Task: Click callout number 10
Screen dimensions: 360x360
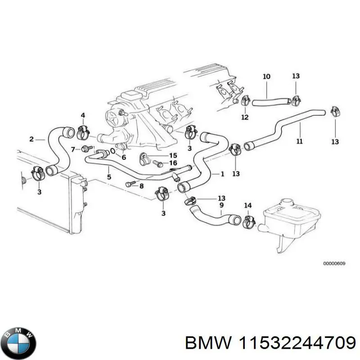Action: [x=266, y=76]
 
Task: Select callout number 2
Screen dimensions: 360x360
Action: [x=31, y=139]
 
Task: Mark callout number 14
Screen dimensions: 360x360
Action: [x=247, y=206]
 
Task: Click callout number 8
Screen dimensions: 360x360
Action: [x=141, y=185]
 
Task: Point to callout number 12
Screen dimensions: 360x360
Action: [x=244, y=117]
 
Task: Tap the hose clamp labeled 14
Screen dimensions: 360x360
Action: [x=247, y=221]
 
